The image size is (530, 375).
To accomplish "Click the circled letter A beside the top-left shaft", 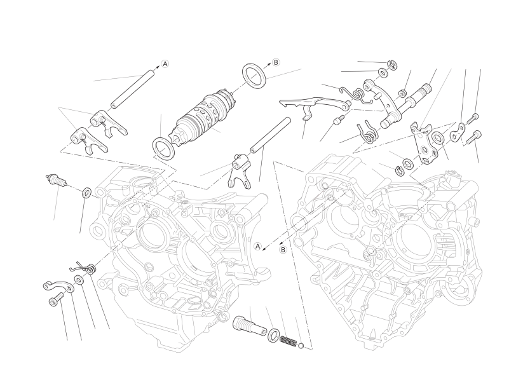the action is [x=165, y=64].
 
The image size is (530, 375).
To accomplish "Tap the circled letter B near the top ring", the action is [x=276, y=62].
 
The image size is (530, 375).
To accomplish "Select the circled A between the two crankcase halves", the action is [x=258, y=246].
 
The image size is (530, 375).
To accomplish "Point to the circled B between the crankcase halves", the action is [x=283, y=250].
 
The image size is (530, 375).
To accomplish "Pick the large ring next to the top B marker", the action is [x=255, y=76].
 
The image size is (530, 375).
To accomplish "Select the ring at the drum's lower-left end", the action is [x=163, y=149].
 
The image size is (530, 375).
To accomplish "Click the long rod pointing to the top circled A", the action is [x=132, y=89].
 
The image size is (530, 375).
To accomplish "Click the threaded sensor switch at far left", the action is [x=56, y=180].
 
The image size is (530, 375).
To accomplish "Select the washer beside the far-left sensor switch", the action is [x=86, y=192].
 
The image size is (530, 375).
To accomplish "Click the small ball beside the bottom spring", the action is [x=301, y=346].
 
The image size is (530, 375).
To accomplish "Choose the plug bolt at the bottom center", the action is [x=250, y=325].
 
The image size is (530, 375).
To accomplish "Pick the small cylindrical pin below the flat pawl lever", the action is [x=338, y=119].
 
